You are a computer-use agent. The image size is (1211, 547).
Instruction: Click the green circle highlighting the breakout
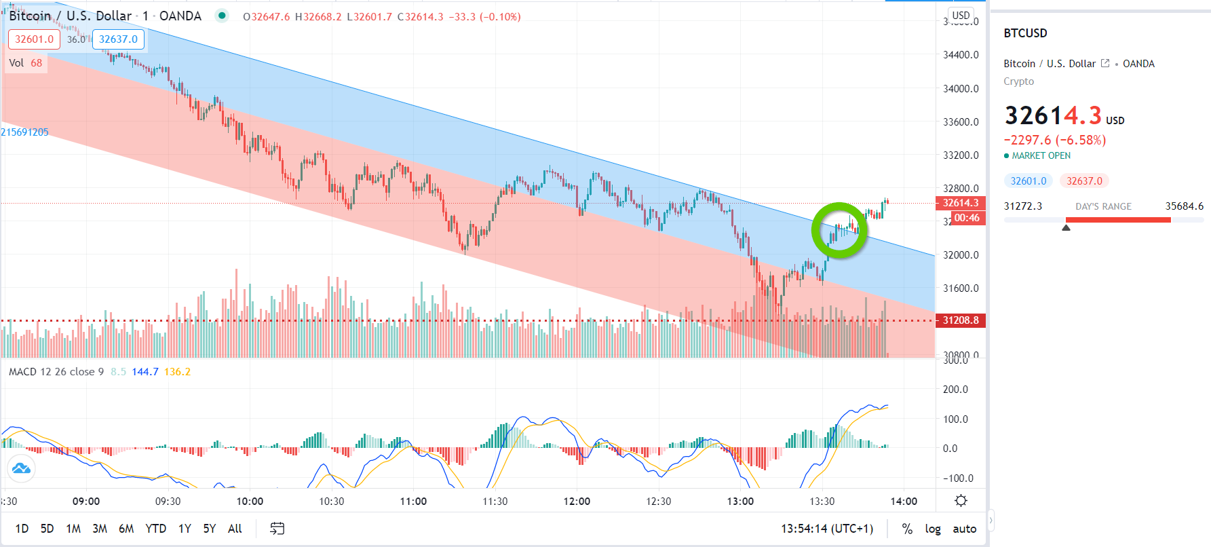[x=839, y=231]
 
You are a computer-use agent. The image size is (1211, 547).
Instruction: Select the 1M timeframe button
[x=73, y=529]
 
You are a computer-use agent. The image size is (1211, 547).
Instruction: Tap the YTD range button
[x=155, y=529]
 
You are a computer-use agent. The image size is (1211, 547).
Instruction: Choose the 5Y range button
[x=209, y=529]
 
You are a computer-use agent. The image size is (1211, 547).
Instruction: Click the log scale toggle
[x=933, y=529]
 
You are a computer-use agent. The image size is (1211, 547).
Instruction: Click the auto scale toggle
[x=964, y=529]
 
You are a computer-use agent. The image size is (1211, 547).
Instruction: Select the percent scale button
[x=907, y=529]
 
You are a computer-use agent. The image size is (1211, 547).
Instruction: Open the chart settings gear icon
[x=961, y=501]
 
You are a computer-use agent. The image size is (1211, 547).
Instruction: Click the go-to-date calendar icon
[x=277, y=529]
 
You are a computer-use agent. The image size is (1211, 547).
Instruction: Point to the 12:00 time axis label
[x=577, y=502]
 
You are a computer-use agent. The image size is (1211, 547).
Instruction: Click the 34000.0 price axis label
[x=961, y=88]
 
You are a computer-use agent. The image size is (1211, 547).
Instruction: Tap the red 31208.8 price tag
[x=960, y=320]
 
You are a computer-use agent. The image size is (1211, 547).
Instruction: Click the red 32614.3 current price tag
[x=960, y=203]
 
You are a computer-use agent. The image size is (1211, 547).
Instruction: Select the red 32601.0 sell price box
[x=34, y=39]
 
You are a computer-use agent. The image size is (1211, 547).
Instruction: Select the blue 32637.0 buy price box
[x=118, y=39]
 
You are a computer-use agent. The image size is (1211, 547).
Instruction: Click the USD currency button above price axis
[x=961, y=15]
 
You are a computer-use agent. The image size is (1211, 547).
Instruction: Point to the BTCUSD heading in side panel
[x=1025, y=33]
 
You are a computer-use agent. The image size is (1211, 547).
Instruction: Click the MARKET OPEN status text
[x=1041, y=155]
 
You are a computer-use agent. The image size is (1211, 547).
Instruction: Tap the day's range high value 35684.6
[x=1184, y=206]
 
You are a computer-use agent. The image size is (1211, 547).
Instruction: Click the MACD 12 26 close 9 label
[x=56, y=372]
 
